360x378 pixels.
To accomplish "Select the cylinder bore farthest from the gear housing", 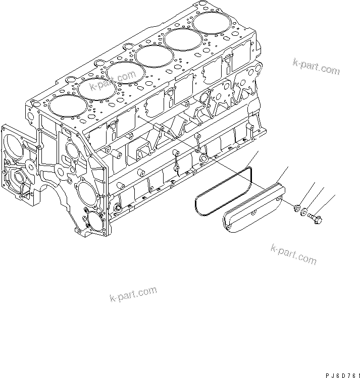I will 209,22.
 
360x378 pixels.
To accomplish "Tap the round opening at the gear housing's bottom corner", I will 94,221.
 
